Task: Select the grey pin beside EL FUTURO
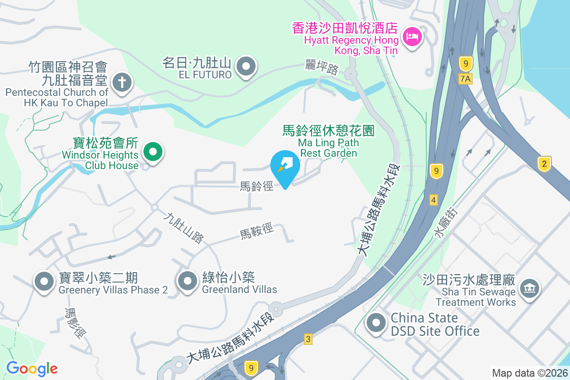point(246,66)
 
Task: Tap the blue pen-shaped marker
point(285,166)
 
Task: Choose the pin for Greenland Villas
point(187,282)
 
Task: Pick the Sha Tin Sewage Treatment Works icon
point(529,288)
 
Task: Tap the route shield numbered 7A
point(466,79)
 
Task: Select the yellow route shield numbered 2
point(544,164)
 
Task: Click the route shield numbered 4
point(433,200)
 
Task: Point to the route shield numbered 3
point(308,339)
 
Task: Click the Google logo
point(32,369)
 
